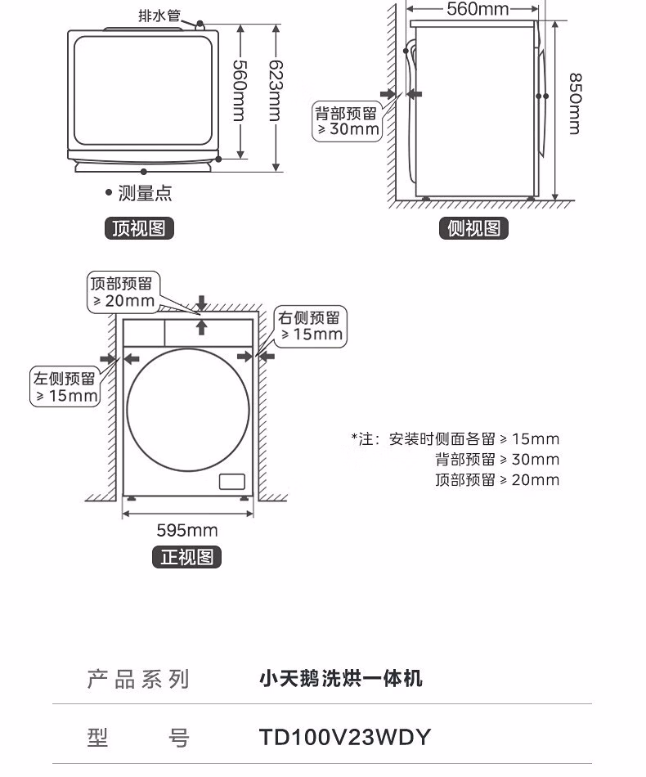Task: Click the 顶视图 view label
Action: [x=140, y=229]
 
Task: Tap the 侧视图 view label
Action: [x=474, y=229]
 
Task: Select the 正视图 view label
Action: [x=187, y=557]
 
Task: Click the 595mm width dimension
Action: [x=187, y=530]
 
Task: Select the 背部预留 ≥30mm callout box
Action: [x=348, y=120]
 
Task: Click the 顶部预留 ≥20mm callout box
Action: [x=123, y=292]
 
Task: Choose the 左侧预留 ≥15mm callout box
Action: [x=65, y=387]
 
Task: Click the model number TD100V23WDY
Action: [x=344, y=737]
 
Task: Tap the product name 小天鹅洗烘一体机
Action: [x=341, y=678]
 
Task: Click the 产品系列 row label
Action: [x=138, y=679]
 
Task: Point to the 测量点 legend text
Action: [x=145, y=194]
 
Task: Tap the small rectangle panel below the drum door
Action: [x=232, y=481]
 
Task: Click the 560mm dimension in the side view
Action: [x=478, y=9]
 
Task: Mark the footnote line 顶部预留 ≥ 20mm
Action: [x=497, y=480]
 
